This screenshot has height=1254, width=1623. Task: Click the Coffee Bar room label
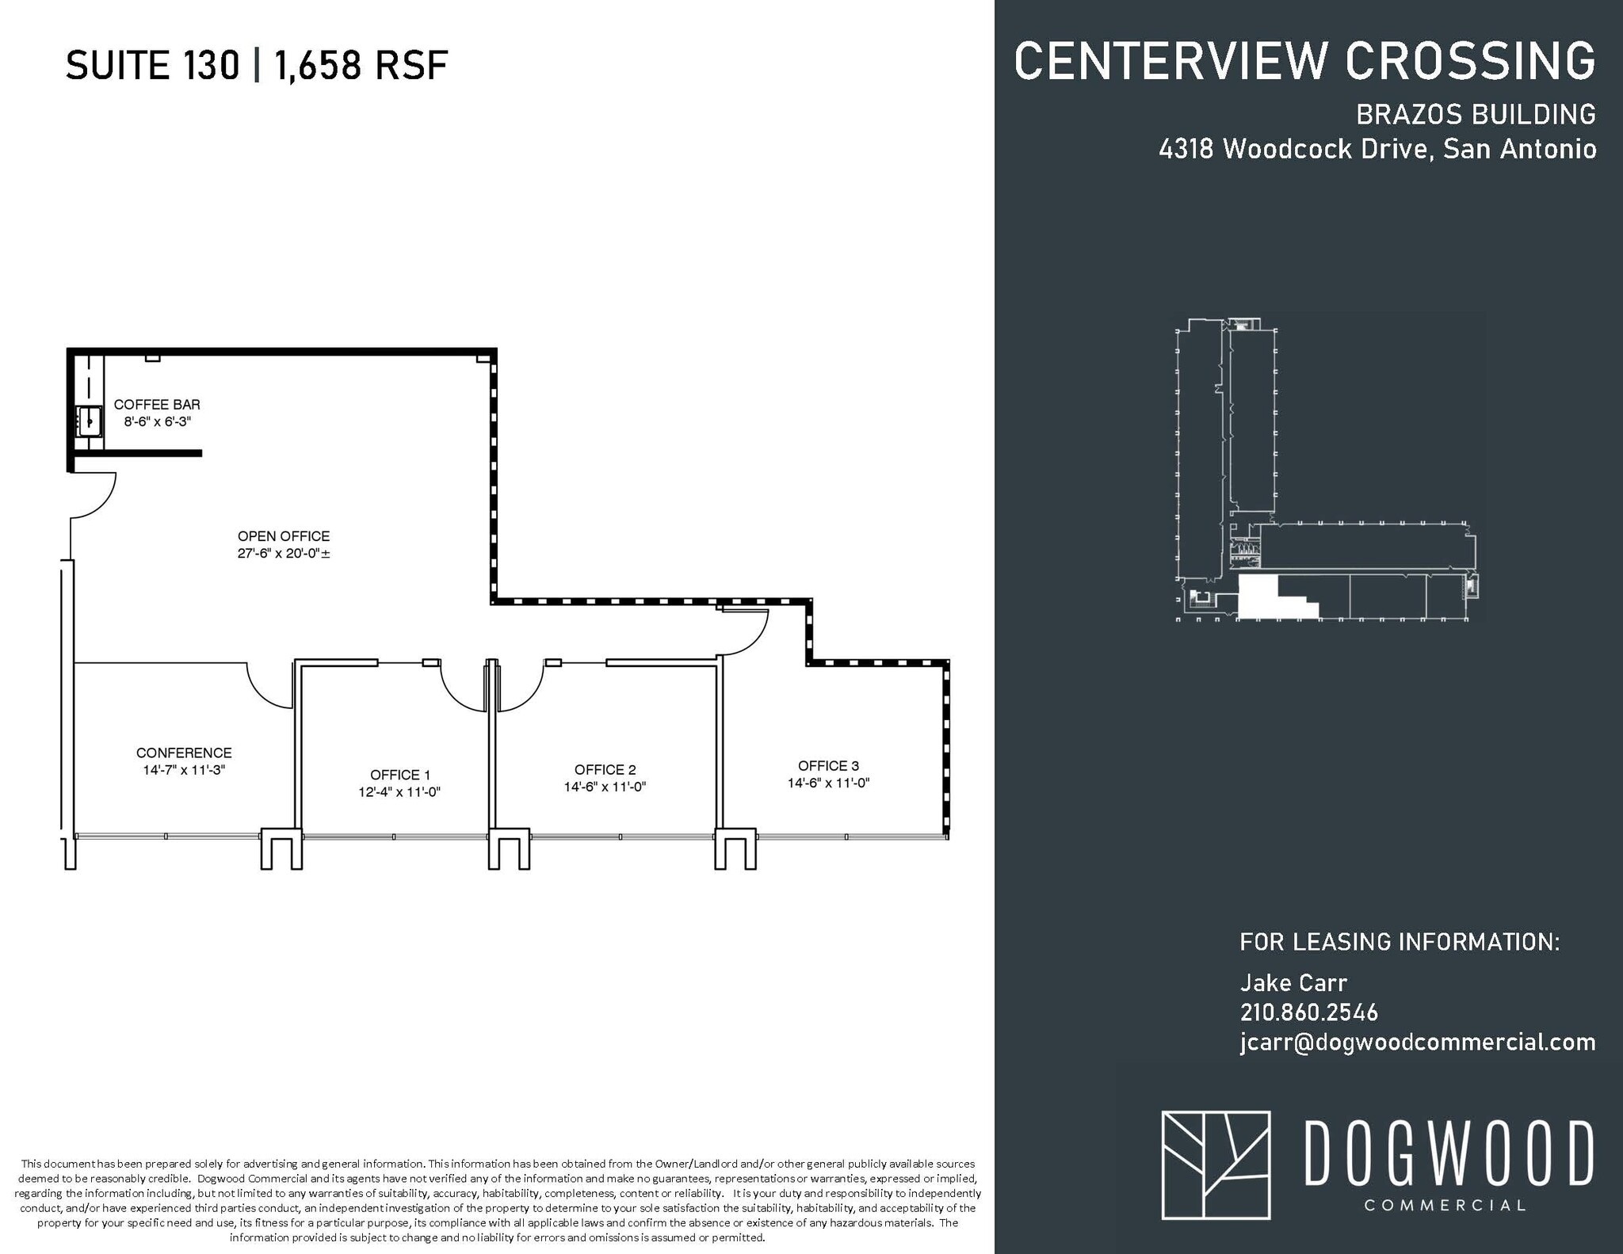157,405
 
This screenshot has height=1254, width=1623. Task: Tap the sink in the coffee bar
90,421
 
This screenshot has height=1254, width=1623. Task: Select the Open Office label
284,536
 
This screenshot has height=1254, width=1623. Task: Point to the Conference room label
184,753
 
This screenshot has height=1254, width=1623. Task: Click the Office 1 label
400,775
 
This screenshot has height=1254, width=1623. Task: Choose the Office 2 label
605,769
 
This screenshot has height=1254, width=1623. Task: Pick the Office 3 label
828,765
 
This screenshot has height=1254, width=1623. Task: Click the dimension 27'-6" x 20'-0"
284,554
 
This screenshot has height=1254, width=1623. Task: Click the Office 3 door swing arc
744,633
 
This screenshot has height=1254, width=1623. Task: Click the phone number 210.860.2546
1308,1012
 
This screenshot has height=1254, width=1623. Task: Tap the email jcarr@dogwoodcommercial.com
1418,1042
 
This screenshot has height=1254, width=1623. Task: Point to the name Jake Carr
1293,983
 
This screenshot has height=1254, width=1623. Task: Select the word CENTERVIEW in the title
1172,60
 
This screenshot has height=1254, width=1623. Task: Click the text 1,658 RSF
361,65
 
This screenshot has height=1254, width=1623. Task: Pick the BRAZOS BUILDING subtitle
1476,115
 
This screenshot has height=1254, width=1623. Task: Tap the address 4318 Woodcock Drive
1293,149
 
